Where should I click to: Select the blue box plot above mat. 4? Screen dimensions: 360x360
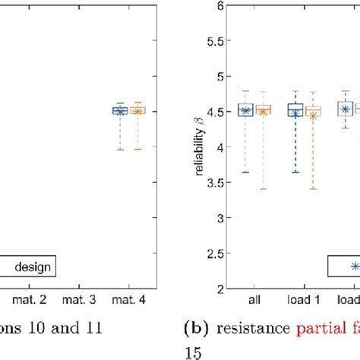click(x=120, y=110)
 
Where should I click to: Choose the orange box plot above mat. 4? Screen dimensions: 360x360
click(x=137, y=110)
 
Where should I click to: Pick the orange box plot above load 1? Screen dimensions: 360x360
click(x=313, y=111)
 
